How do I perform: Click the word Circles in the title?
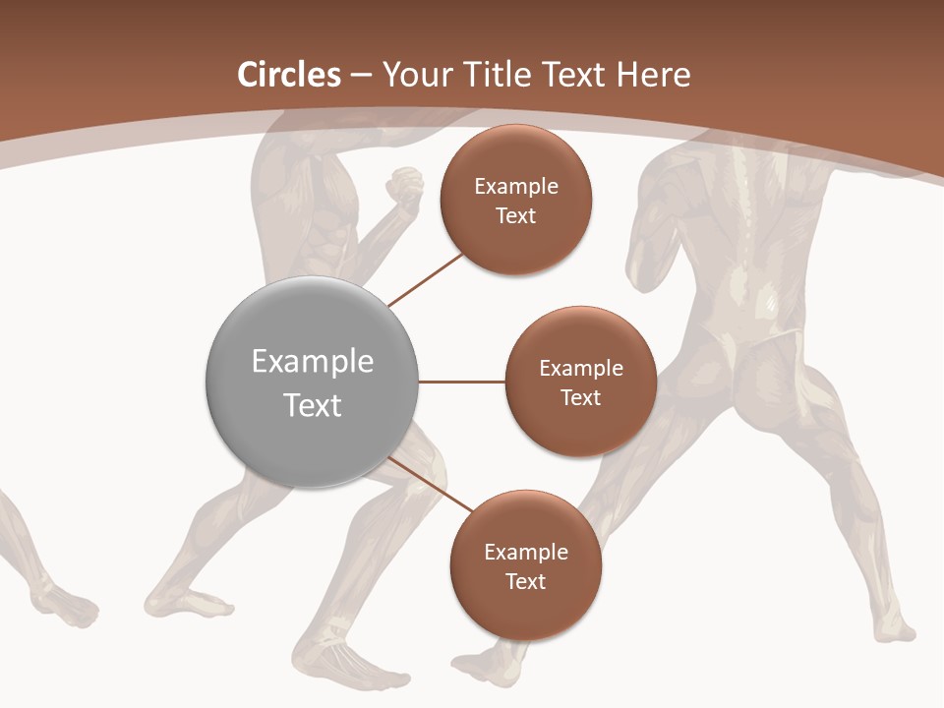click(x=288, y=75)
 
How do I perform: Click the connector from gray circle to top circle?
click(x=427, y=278)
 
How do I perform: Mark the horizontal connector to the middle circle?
click(x=461, y=382)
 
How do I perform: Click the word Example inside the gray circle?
click(x=313, y=362)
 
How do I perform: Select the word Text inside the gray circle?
click(x=313, y=405)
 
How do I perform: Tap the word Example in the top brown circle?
click(x=515, y=187)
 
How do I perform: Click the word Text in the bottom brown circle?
click(x=525, y=581)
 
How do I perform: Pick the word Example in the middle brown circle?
click(x=580, y=369)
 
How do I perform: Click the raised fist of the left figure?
click(x=403, y=186)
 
